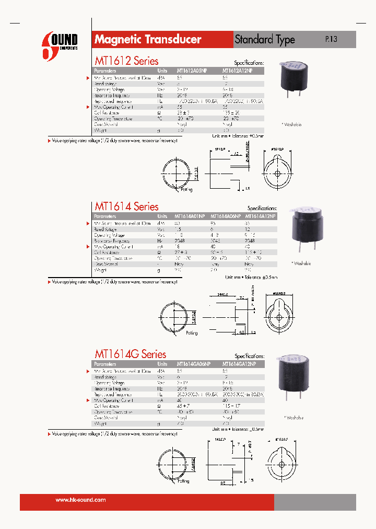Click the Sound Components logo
[x=60, y=42]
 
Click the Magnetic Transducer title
[x=148, y=40]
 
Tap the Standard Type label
[x=265, y=40]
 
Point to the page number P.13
[x=331, y=39]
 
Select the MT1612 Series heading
[x=126, y=61]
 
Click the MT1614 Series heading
[x=126, y=206]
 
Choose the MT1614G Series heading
[x=130, y=354]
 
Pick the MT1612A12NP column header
[x=237, y=71]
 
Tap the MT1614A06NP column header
[x=226, y=216]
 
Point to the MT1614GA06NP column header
[x=194, y=364]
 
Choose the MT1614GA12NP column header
[x=239, y=364]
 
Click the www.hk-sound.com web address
[x=80, y=500]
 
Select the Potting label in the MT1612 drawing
[x=187, y=190]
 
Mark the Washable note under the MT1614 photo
[x=301, y=263]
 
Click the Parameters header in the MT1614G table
[x=105, y=364]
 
